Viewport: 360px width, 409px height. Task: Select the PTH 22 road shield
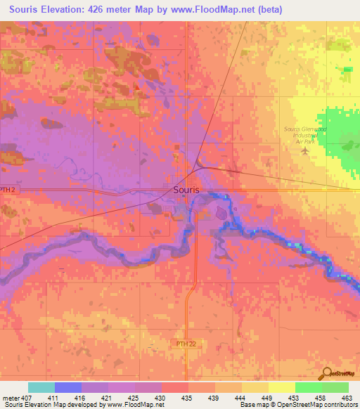[x=182, y=342]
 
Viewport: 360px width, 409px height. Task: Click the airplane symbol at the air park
[x=305, y=150]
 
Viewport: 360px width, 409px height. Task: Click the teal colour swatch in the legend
[x=41, y=387]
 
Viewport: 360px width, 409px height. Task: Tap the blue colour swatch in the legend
[x=68, y=387]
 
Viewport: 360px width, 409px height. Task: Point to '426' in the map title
[x=115, y=9]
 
